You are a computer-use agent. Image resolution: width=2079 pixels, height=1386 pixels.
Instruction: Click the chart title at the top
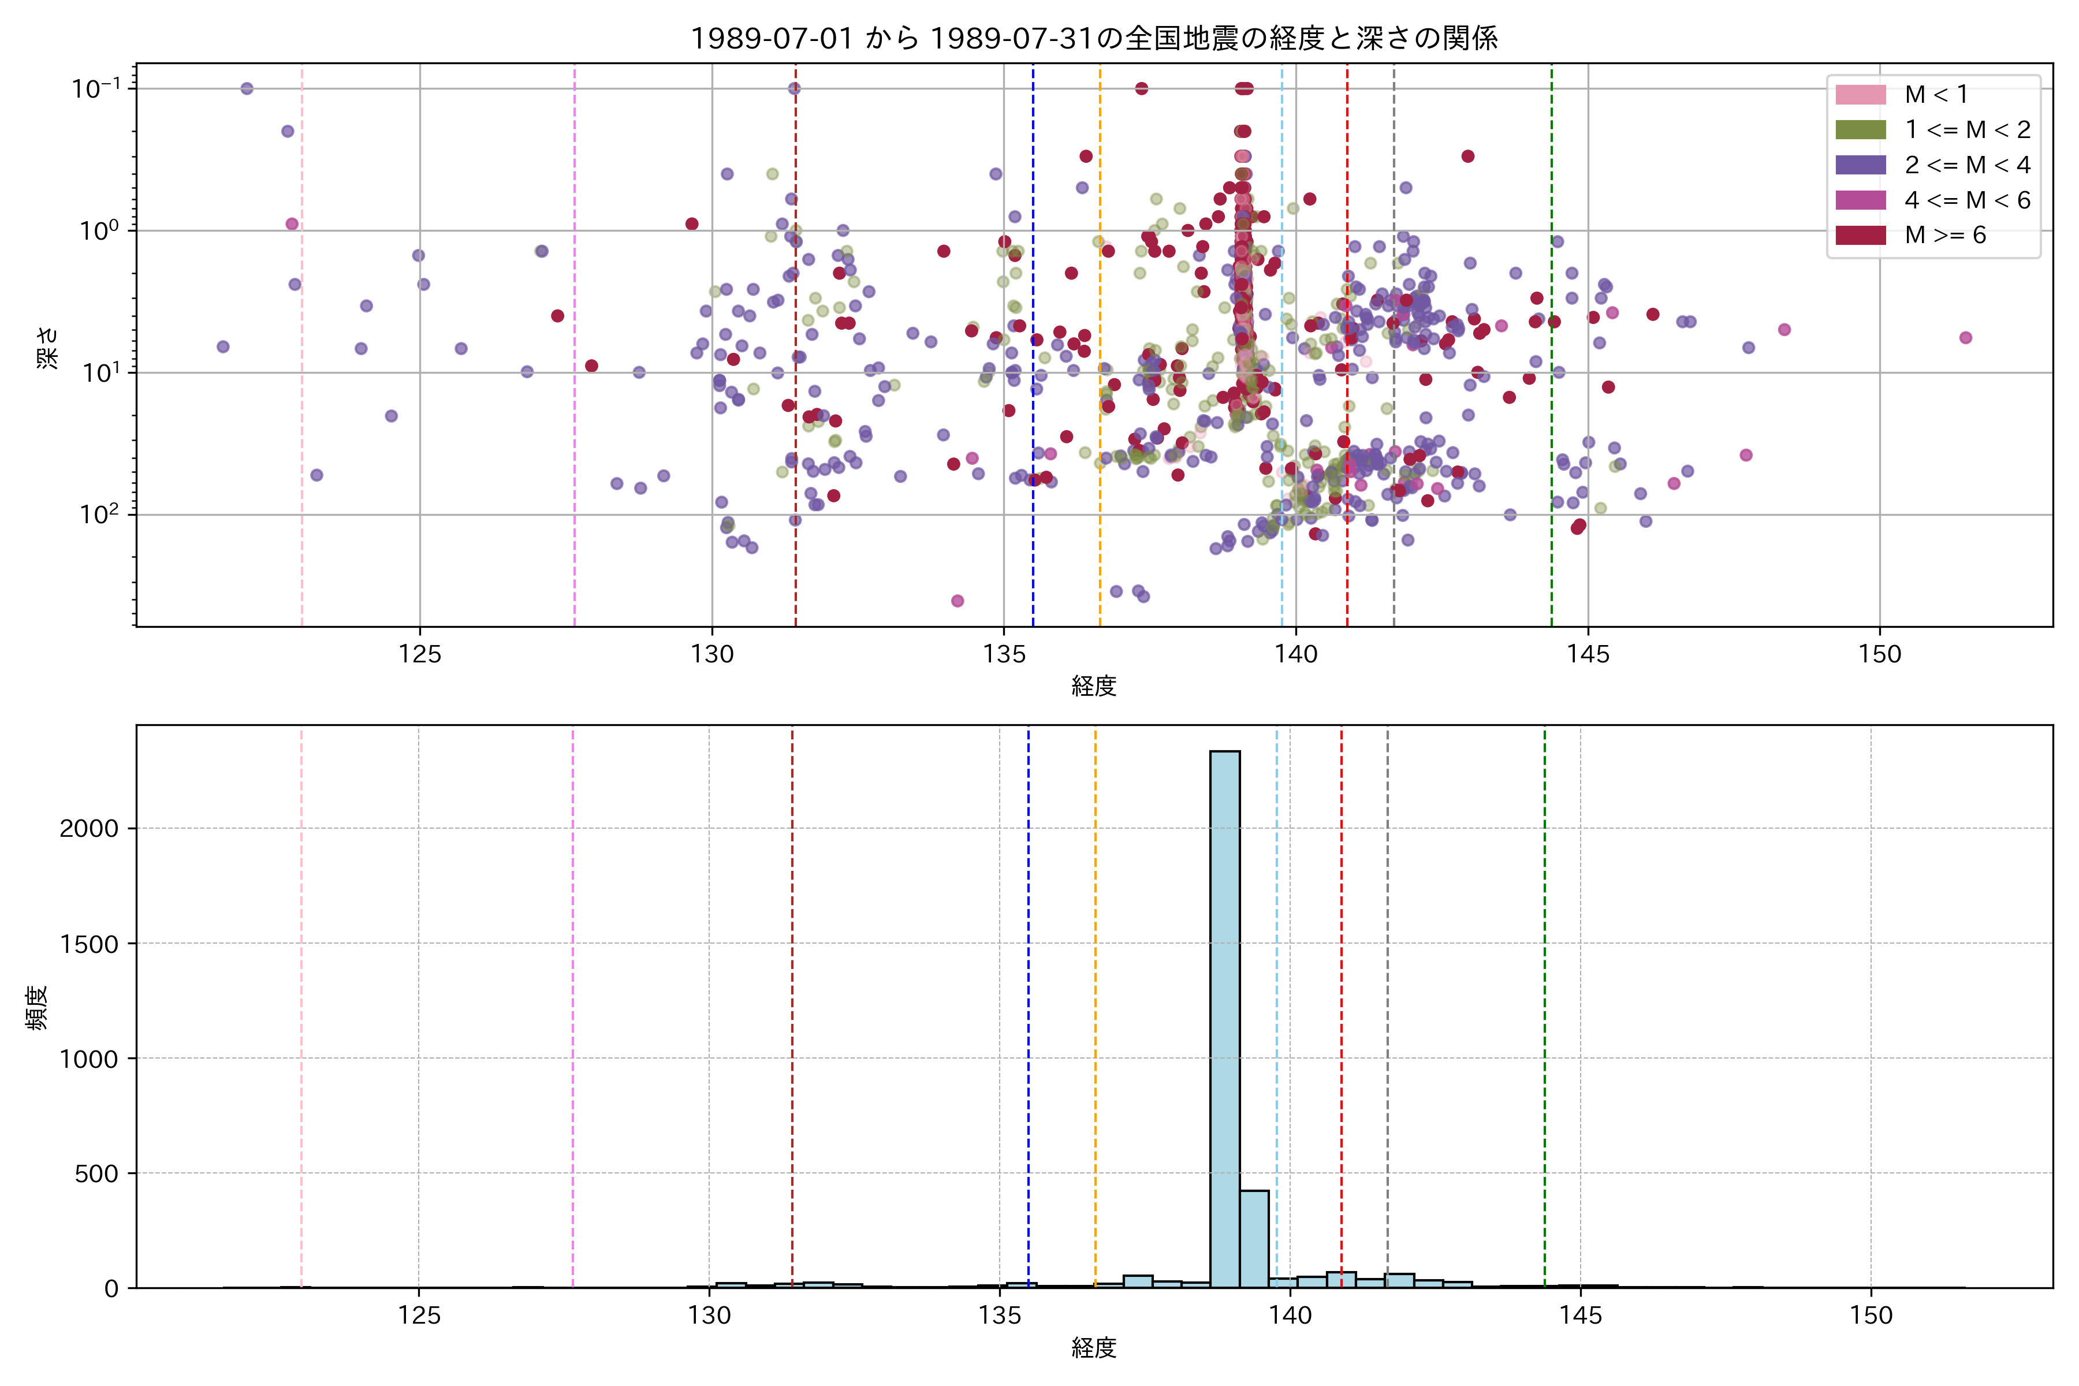(1093, 39)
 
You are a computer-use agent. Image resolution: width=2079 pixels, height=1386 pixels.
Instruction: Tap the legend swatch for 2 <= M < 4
(1861, 165)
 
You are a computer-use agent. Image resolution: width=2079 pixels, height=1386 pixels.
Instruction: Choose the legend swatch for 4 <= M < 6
(1861, 200)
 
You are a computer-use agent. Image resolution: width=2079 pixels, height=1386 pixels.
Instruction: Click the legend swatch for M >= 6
(1861, 235)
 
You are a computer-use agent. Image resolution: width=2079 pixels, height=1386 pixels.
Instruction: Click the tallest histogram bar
(1224, 1016)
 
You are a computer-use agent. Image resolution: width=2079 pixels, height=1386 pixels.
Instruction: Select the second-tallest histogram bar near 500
(1253, 1238)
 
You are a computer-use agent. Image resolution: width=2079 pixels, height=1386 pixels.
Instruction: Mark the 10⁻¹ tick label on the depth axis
(96, 88)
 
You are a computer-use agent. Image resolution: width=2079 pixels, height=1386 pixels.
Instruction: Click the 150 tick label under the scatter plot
(1879, 655)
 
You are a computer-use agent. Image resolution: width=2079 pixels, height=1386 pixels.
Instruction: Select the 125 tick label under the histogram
(419, 1316)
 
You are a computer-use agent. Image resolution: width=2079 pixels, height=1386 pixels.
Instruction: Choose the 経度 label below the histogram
(1093, 1348)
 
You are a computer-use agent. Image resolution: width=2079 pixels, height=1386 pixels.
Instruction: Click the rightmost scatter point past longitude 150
(1965, 338)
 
